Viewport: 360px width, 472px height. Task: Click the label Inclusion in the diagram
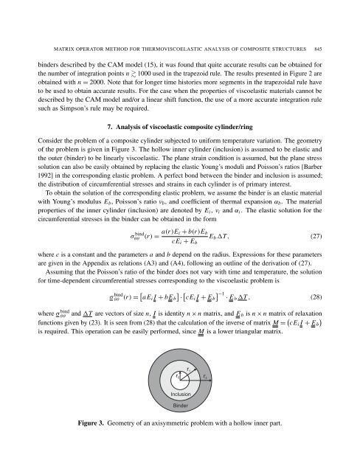click(x=180, y=395)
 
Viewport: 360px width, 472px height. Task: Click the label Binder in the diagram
click(x=181, y=406)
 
